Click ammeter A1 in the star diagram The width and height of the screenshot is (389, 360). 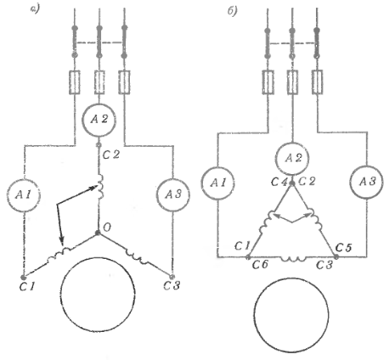pyautogui.click(x=24, y=194)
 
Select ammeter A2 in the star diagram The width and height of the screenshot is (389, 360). pyautogui.click(x=99, y=120)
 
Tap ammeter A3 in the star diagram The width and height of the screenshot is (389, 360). pyautogui.click(x=173, y=194)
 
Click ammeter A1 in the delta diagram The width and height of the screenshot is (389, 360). pyautogui.click(x=218, y=183)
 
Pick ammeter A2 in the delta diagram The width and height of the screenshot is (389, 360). pyautogui.click(x=292, y=158)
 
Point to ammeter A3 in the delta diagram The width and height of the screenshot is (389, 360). pyautogui.click(x=367, y=182)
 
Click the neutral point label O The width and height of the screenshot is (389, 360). pyautogui.click(x=107, y=228)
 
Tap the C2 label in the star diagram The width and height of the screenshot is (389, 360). pyautogui.click(x=111, y=155)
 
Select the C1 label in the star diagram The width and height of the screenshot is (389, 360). pyautogui.click(x=27, y=287)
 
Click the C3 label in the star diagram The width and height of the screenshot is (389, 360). pyautogui.click(x=172, y=285)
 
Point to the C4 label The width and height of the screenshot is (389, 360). pyautogui.click(x=279, y=182)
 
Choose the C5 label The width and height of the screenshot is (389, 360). pyautogui.click(x=343, y=248)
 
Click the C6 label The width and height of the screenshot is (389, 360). pyautogui.click(x=260, y=265)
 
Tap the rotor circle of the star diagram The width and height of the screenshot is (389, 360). pyautogui.click(x=98, y=295)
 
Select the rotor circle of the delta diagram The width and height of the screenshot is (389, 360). pyautogui.click(x=291, y=315)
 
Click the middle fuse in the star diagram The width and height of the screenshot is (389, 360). pyautogui.click(x=99, y=82)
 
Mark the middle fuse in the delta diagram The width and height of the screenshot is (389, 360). pyautogui.click(x=292, y=82)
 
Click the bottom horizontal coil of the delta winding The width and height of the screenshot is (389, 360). pyautogui.click(x=293, y=258)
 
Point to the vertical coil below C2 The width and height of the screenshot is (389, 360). pyautogui.click(x=100, y=186)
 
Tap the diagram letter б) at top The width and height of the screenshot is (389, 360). pyautogui.click(x=232, y=12)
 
